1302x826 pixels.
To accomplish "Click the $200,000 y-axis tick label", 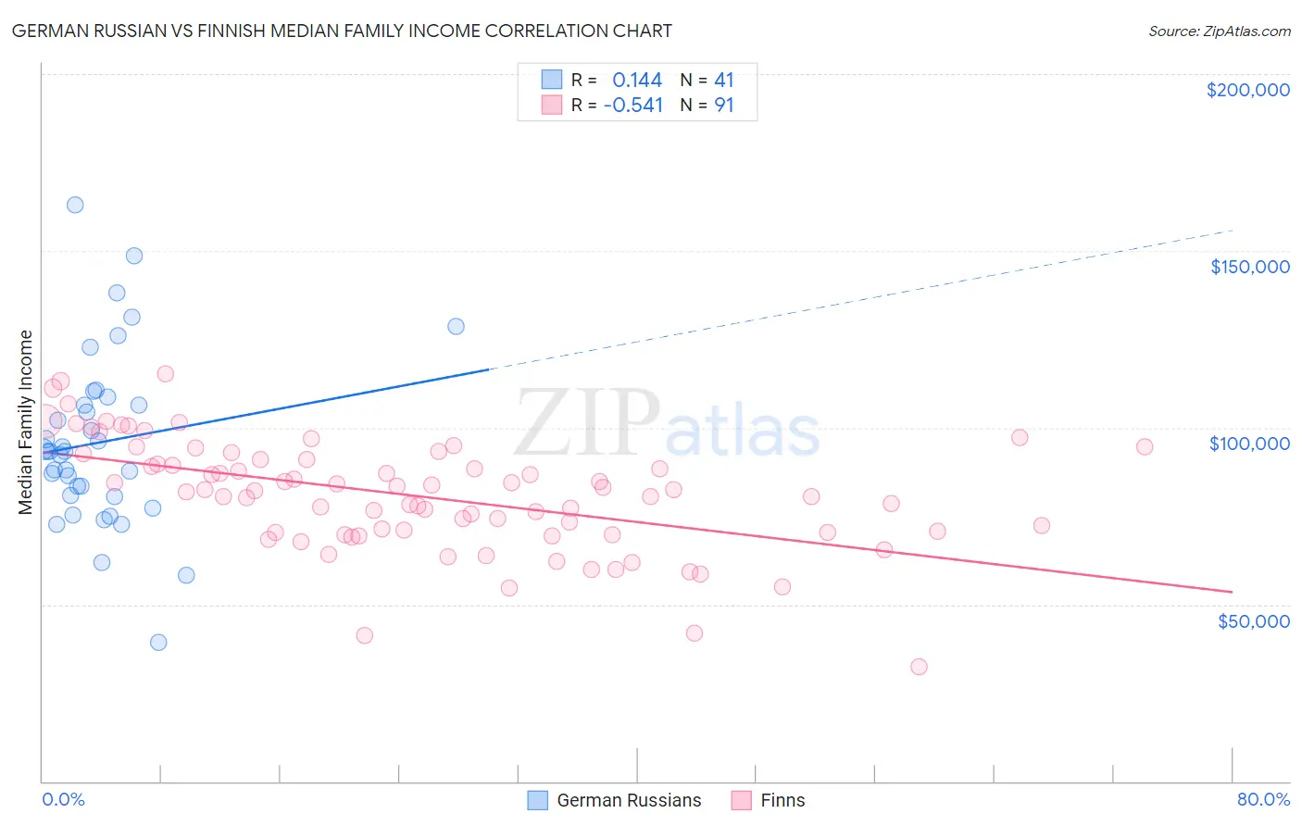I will tap(1247, 90).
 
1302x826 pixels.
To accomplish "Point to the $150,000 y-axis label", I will tap(1249, 267).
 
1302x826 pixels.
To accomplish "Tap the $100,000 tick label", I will tap(1249, 444).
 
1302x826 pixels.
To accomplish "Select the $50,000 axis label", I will tap(1253, 620).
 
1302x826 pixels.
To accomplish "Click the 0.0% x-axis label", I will tap(63, 799).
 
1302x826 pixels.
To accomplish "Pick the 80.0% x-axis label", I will tap(1263, 799).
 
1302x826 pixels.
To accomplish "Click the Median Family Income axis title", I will tap(26, 422).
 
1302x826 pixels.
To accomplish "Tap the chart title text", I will tap(342, 31).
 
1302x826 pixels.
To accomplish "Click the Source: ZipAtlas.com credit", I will tap(1219, 31).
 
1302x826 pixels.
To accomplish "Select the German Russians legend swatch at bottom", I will tap(537, 800).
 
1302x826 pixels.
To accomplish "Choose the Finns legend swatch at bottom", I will tap(741, 800).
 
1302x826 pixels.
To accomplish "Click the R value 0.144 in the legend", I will tap(637, 81).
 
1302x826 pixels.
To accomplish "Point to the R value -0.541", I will tap(633, 106).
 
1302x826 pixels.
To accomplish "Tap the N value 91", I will tap(723, 106).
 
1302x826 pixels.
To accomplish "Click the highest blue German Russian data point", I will tap(75, 205).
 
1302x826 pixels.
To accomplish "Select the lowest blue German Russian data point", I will tap(158, 643).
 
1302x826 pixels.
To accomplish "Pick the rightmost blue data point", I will tap(456, 326).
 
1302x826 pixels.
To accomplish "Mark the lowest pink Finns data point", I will tap(919, 667).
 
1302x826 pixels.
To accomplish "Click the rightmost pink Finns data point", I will tap(1145, 446).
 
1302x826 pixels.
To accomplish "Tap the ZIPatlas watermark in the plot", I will tap(667, 423).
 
